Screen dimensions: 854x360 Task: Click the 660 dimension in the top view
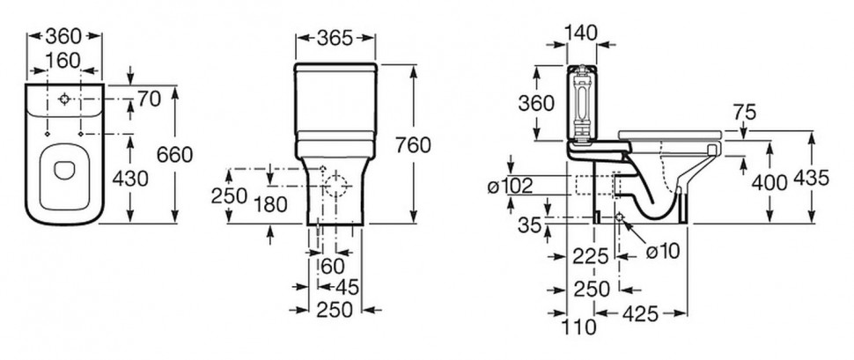click(x=174, y=155)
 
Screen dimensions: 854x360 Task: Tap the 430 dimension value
click(x=130, y=179)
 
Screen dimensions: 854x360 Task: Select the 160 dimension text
click(x=63, y=61)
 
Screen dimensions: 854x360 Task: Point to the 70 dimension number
click(x=149, y=99)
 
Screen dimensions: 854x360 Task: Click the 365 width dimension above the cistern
click(x=335, y=38)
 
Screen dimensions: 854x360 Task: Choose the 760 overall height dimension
click(x=413, y=145)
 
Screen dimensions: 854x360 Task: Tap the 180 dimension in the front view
click(x=270, y=205)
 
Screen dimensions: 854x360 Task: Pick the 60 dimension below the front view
click(x=333, y=267)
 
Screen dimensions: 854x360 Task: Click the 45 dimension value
click(x=347, y=288)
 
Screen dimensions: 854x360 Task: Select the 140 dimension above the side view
click(x=580, y=33)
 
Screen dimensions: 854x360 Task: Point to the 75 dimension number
click(x=745, y=112)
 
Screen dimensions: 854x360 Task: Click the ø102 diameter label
click(x=510, y=187)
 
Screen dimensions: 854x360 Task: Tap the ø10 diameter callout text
click(x=663, y=251)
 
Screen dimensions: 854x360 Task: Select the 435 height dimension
click(x=811, y=178)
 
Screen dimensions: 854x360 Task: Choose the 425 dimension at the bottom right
click(x=641, y=313)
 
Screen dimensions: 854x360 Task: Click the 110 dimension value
click(x=580, y=327)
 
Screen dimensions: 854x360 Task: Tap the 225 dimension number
click(x=591, y=256)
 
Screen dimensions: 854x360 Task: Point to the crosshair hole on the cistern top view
click(x=64, y=99)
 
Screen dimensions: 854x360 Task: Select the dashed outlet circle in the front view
click(x=336, y=187)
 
